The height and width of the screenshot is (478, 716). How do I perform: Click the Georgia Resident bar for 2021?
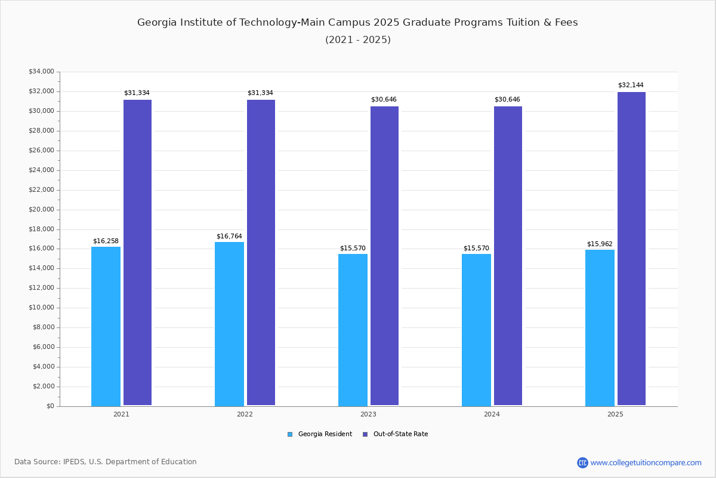coord(106,326)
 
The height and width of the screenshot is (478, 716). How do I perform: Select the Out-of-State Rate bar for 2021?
coord(137,252)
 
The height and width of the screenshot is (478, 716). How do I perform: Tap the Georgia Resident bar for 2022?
coord(229,324)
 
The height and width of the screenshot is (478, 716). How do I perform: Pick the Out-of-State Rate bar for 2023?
coord(384,256)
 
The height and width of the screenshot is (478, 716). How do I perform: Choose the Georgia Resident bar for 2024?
coord(476,330)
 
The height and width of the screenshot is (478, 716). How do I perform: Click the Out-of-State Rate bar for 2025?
coord(631,249)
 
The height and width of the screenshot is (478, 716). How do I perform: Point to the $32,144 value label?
coord(631,85)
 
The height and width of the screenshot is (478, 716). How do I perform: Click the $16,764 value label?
coord(229,237)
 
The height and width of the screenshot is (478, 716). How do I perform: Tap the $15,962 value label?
coord(600,244)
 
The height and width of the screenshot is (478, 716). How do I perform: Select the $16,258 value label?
coord(106,241)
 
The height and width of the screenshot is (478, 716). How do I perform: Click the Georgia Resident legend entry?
coord(320,434)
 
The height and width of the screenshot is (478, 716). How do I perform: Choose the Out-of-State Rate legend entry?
coord(396,434)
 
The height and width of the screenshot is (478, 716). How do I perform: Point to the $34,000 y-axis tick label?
coord(41,72)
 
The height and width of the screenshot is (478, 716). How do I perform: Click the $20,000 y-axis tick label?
coord(41,210)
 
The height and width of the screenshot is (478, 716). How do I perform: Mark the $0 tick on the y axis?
coord(50,406)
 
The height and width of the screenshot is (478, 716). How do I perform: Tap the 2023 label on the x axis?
coord(368,414)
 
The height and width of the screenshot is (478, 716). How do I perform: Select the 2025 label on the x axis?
coord(615,414)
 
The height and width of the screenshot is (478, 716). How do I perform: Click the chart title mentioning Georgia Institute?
coord(357,23)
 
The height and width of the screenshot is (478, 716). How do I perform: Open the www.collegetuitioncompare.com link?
coord(646,462)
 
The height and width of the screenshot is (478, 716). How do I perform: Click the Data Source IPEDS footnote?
coord(106,462)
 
